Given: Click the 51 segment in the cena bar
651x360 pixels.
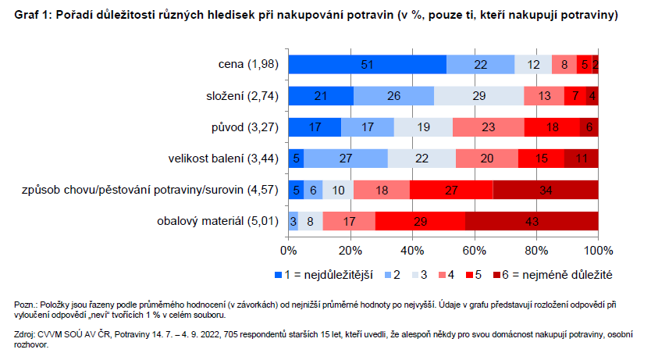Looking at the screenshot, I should pyautogui.click(x=367, y=65).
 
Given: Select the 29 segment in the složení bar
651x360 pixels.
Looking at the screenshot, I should pyautogui.click(x=478, y=96).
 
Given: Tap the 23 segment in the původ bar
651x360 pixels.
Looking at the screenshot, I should pyautogui.click(x=488, y=127).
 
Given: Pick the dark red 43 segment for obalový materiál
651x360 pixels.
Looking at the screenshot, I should pyautogui.click(x=532, y=221).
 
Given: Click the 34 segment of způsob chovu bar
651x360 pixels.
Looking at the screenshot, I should pyautogui.click(x=546, y=190).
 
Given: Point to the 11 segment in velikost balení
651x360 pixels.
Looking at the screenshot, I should pyautogui.click(x=582, y=159).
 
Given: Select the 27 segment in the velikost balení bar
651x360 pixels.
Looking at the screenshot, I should pyautogui.click(x=346, y=159).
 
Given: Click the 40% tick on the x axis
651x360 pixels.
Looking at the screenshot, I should pyautogui.click(x=412, y=250).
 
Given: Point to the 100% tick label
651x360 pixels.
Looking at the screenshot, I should pyautogui.click(x=598, y=250).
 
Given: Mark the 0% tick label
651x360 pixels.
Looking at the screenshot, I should pyautogui.click(x=288, y=250).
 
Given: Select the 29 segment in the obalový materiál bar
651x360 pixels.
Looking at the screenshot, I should pyautogui.click(x=420, y=221).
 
